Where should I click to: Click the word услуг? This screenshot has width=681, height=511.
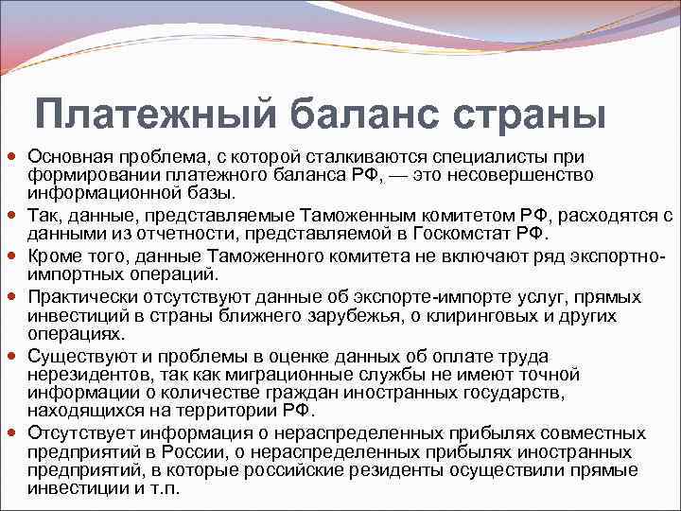pyautogui.click(x=466, y=297)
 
